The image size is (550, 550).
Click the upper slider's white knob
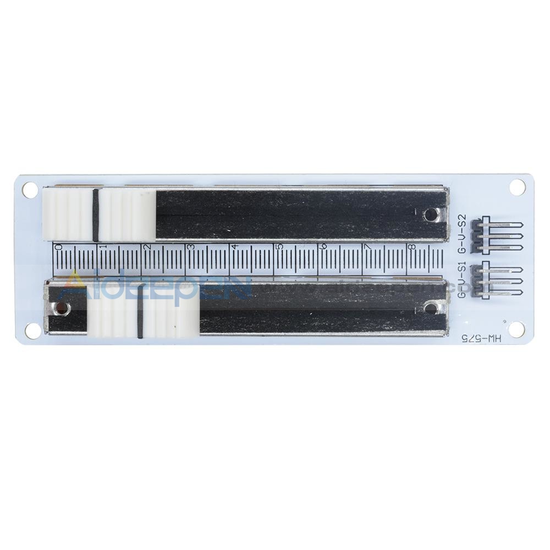[99, 215]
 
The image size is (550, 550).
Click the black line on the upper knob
[95, 215]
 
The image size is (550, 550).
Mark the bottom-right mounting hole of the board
[516, 329]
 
